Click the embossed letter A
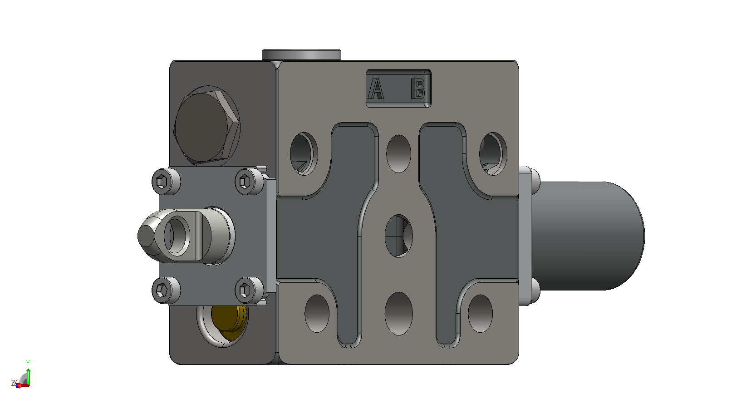coord(376,89)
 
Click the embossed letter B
coord(418,89)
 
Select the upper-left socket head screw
coord(166,182)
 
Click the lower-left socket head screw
coord(166,290)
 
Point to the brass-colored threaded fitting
coord(229,322)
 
